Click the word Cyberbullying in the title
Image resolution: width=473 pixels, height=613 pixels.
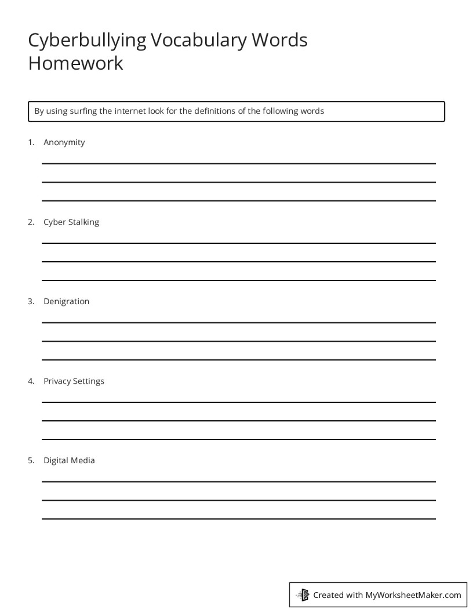[87, 41]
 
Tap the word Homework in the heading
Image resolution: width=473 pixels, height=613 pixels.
[75, 63]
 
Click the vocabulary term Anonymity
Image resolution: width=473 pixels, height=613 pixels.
[64, 142]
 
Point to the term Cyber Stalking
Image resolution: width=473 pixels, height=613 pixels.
[71, 222]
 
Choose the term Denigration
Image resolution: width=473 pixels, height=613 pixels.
[66, 301]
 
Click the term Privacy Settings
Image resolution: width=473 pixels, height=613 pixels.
[74, 381]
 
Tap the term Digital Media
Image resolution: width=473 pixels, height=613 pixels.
[69, 460]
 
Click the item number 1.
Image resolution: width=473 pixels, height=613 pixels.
[31, 142]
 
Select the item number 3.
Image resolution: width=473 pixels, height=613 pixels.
[31, 301]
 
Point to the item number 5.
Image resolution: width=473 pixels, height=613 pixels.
[31, 460]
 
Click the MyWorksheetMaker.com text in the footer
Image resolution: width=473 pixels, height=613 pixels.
[413, 594]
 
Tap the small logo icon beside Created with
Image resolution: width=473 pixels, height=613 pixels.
[303, 594]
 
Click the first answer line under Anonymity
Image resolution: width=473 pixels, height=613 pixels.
[238, 164]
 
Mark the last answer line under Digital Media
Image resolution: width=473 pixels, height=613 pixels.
[238, 519]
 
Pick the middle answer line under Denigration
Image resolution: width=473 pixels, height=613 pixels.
[238, 341]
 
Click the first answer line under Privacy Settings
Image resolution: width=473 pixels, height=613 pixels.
[238, 402]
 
